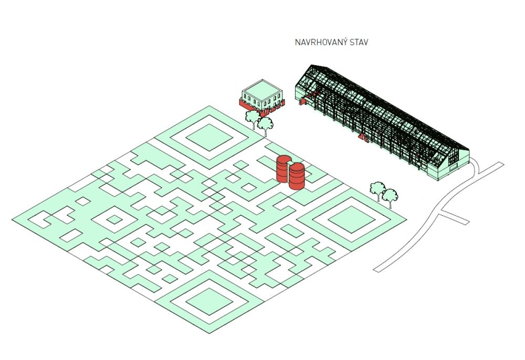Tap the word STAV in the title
click(x=358, y=43)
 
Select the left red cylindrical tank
click(x=283, y=168)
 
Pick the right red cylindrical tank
click(x=297, y=176)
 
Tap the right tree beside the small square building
click(x=266, y=124)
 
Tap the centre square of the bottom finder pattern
click(x=209, y=301)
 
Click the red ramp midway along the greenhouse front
click(x=362, y=137)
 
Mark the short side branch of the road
click(x=455, y=217)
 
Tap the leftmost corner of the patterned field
click(x=13, y=219)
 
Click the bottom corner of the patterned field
click(x=209, y=334)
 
